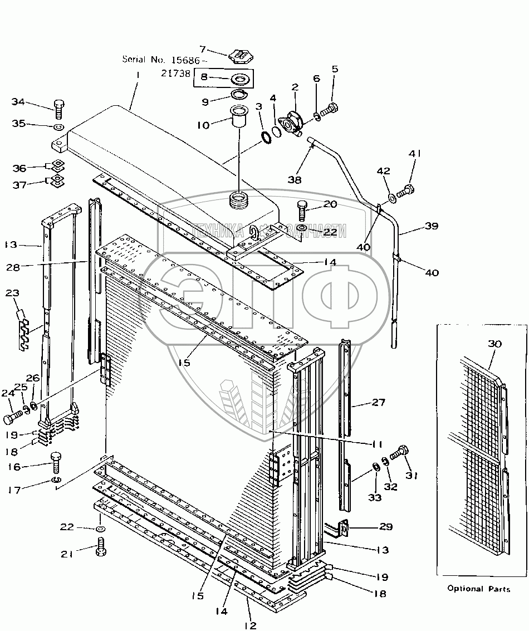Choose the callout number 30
(494, 344)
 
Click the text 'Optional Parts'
(479, 589)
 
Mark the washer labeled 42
(391, 197)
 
